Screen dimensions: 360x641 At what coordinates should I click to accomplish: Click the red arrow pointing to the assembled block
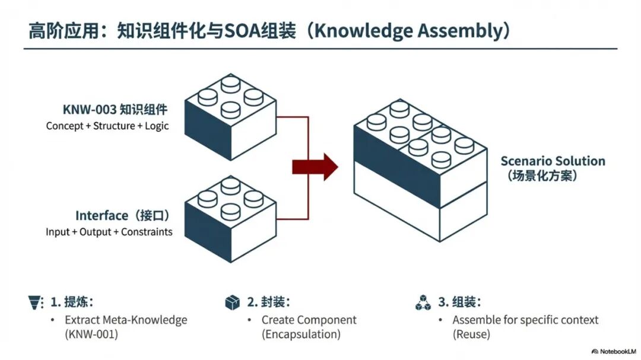(x=315, y=167)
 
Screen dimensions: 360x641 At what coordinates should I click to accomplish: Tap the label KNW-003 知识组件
(x=115, y=110)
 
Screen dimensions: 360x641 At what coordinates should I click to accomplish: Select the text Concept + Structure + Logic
(x=107, y=126)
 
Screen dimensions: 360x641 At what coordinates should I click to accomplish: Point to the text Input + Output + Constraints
(x=109, y=232)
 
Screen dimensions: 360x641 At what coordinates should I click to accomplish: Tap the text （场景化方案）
(x=541, y=176)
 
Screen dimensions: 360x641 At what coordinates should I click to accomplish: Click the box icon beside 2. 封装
(x=232, y=302)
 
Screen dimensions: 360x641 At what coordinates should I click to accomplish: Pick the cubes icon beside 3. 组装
(x=423, y=302)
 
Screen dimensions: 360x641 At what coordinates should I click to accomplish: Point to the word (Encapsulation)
(x=302, y=334)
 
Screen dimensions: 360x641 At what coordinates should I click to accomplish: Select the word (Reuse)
(x=472, y=334)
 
